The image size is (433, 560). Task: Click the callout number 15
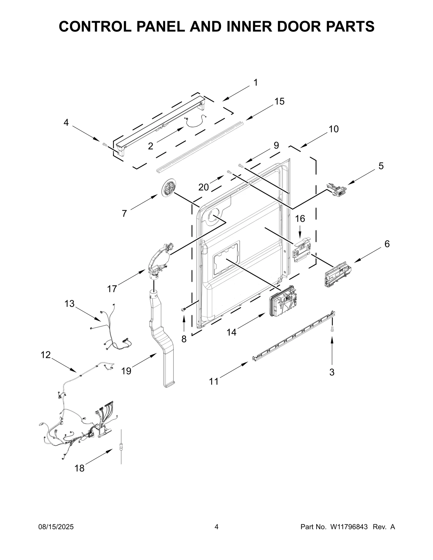coord(279,101)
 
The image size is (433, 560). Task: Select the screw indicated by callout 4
coord(105,145)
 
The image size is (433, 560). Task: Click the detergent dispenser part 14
coord(283,301)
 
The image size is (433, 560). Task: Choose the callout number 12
coord(45,355)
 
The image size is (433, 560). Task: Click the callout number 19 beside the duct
coord(126,371)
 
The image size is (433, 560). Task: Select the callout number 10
coord(333,129)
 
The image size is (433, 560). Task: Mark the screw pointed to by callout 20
coord(229,172)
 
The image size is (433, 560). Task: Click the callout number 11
coord(214,382)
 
